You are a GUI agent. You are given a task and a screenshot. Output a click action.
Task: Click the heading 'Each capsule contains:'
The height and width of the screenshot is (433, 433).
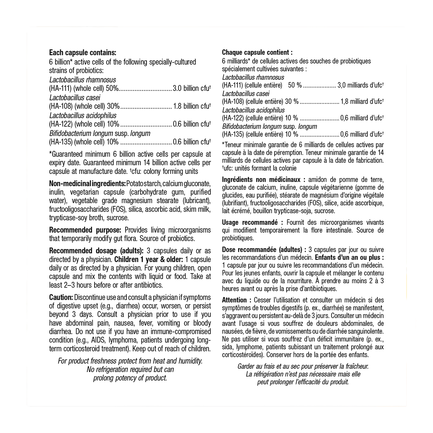pos(83,53)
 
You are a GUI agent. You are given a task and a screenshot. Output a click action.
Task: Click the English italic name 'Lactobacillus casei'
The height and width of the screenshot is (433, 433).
pos(75,97)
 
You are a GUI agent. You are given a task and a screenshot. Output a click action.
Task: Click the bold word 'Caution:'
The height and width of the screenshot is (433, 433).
pos(61,297)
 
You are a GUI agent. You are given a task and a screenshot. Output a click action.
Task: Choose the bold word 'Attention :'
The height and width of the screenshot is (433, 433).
pos(237,300)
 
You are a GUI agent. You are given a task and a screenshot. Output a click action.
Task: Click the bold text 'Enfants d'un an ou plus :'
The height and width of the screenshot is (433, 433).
pos(349,258)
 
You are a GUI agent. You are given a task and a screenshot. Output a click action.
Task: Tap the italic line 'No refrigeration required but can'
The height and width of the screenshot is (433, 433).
pos(130,369)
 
